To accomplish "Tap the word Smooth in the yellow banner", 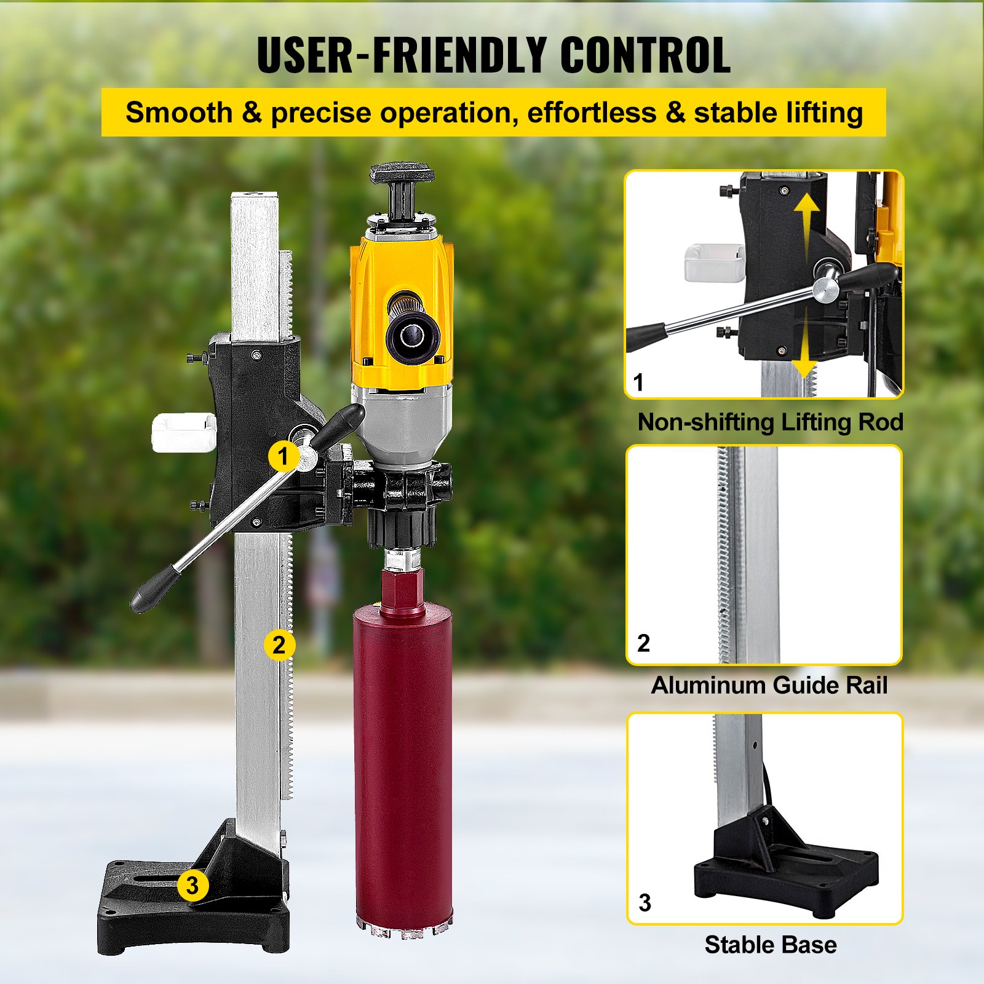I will (179, 113).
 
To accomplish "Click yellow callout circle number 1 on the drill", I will (283, 456).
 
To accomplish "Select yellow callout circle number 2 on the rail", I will (279, 645).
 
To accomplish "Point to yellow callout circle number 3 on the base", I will (192, 886).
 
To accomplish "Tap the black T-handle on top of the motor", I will (402, 175).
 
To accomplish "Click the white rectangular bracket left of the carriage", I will (183, 432).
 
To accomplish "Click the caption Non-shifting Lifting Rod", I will (770, 423).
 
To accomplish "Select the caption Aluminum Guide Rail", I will (769, 685).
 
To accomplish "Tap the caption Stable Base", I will (771, 945).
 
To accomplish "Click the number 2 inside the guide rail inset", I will (643, 643).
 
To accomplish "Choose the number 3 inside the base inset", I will (645, 903).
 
